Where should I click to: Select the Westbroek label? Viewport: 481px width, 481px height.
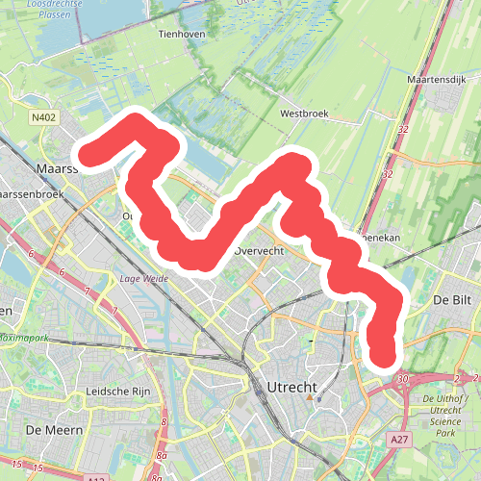point(304,113)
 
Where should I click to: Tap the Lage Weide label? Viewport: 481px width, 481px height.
point(139,279)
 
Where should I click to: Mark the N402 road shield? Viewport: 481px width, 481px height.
point(42,118)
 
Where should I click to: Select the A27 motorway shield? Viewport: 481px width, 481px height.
point(400,439)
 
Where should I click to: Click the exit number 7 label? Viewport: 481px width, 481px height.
point(87,291)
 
